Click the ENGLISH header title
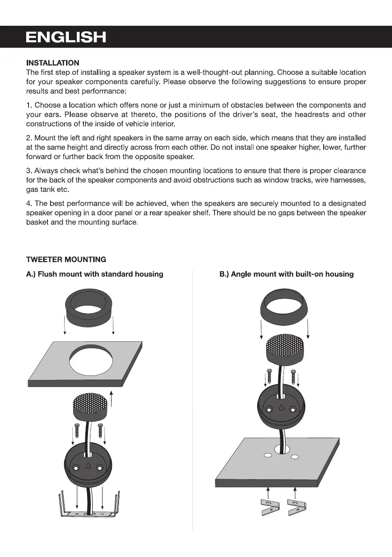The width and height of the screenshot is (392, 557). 66,37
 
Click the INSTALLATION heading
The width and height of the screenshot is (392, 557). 52,63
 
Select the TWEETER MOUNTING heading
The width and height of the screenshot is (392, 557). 66,259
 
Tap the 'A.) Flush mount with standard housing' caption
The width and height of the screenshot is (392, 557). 95,274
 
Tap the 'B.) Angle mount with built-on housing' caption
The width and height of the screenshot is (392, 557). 287,274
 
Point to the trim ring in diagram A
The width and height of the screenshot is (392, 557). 89,310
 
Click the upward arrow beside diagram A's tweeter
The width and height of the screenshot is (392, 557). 111,398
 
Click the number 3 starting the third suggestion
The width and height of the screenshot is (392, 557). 29,171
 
